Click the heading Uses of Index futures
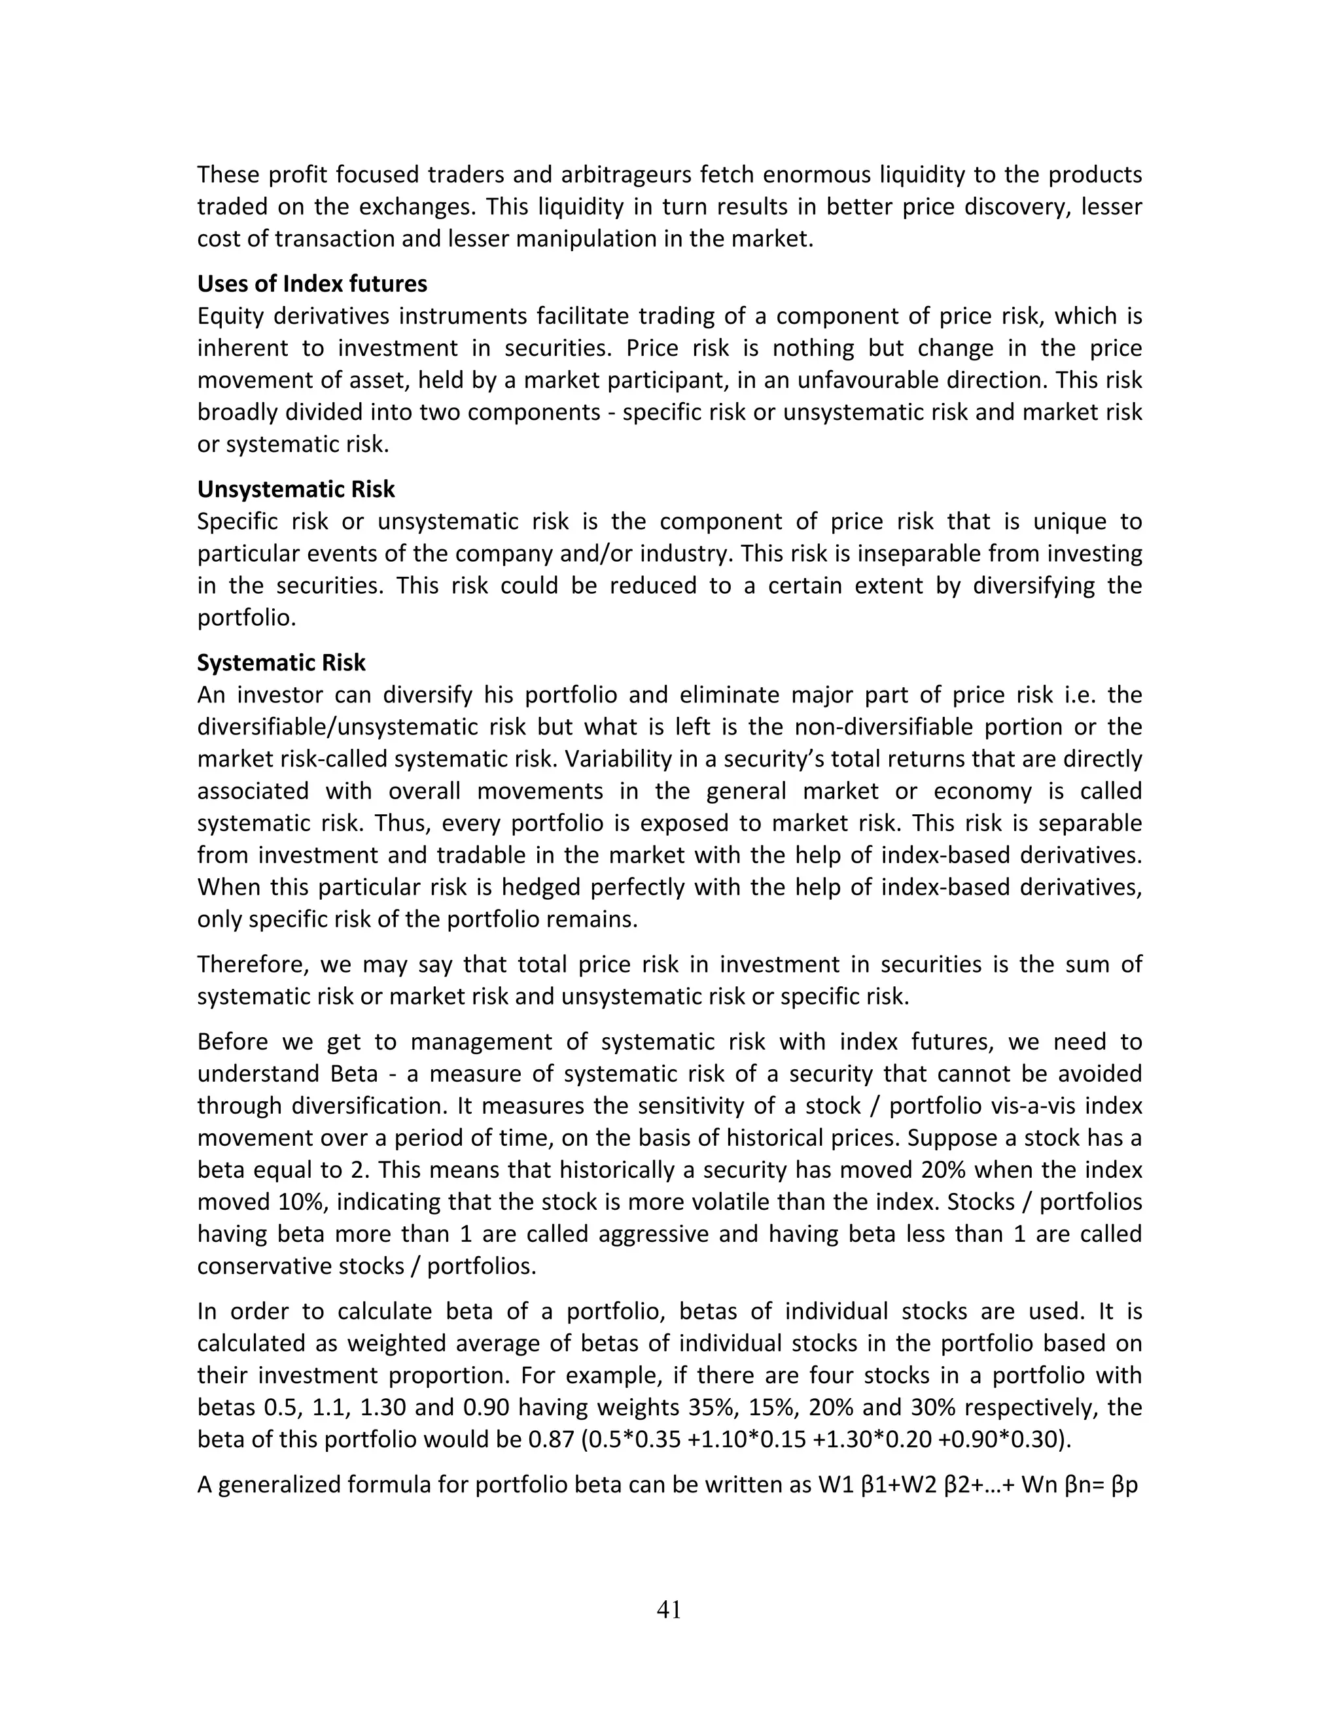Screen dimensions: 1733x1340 pos(311,283)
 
